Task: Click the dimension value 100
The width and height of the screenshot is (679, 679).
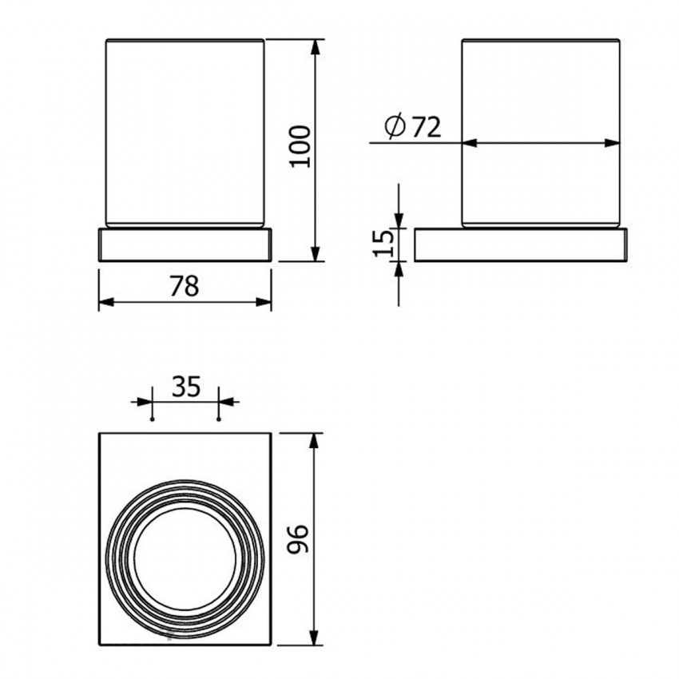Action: [x=300, y=146]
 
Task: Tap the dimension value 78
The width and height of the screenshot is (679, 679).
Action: [x=184, y=286]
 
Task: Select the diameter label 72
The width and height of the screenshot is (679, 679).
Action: [x=426, y=127]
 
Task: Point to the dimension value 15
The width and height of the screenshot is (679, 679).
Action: [x=383, y=244]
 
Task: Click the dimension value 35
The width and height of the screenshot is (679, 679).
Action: [x=186, y=387]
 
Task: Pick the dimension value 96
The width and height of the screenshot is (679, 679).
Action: [x=298, y=538]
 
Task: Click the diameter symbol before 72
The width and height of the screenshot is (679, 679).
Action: [x=395, y=126]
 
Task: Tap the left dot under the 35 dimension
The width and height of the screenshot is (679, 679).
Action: [x=152, y=419]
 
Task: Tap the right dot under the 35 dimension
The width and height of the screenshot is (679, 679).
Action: [x=219, y=419]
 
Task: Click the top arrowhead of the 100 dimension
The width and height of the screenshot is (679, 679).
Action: [x=316, y=47]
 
